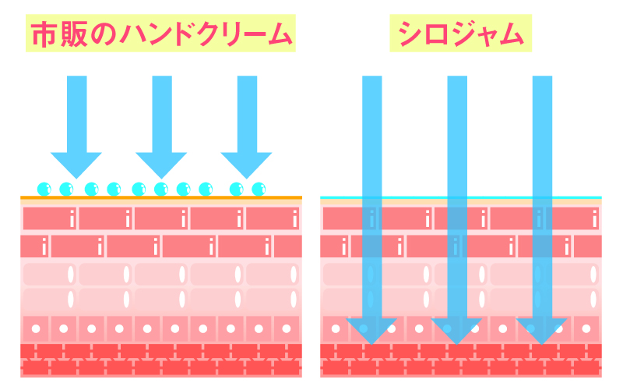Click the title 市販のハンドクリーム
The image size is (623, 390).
[x=160, y=34]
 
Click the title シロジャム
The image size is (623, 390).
[x=459, y=34]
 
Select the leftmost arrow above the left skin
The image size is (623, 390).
[x=76, y=125]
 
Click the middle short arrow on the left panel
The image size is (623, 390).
[x=161, y=125]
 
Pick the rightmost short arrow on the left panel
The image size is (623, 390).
[x=246, y=125]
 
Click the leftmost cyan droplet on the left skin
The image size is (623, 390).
[x=44, y=188]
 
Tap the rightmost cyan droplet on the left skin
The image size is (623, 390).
[x=259, y=188]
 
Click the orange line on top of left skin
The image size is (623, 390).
[x=160, y=197]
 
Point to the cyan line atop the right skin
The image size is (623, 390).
[x=460, y=197]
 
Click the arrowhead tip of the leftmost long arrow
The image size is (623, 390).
[x=372, y=340]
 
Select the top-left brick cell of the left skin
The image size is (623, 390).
[x=50, y=218]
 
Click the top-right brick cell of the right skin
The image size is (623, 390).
[x=573, y=218]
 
